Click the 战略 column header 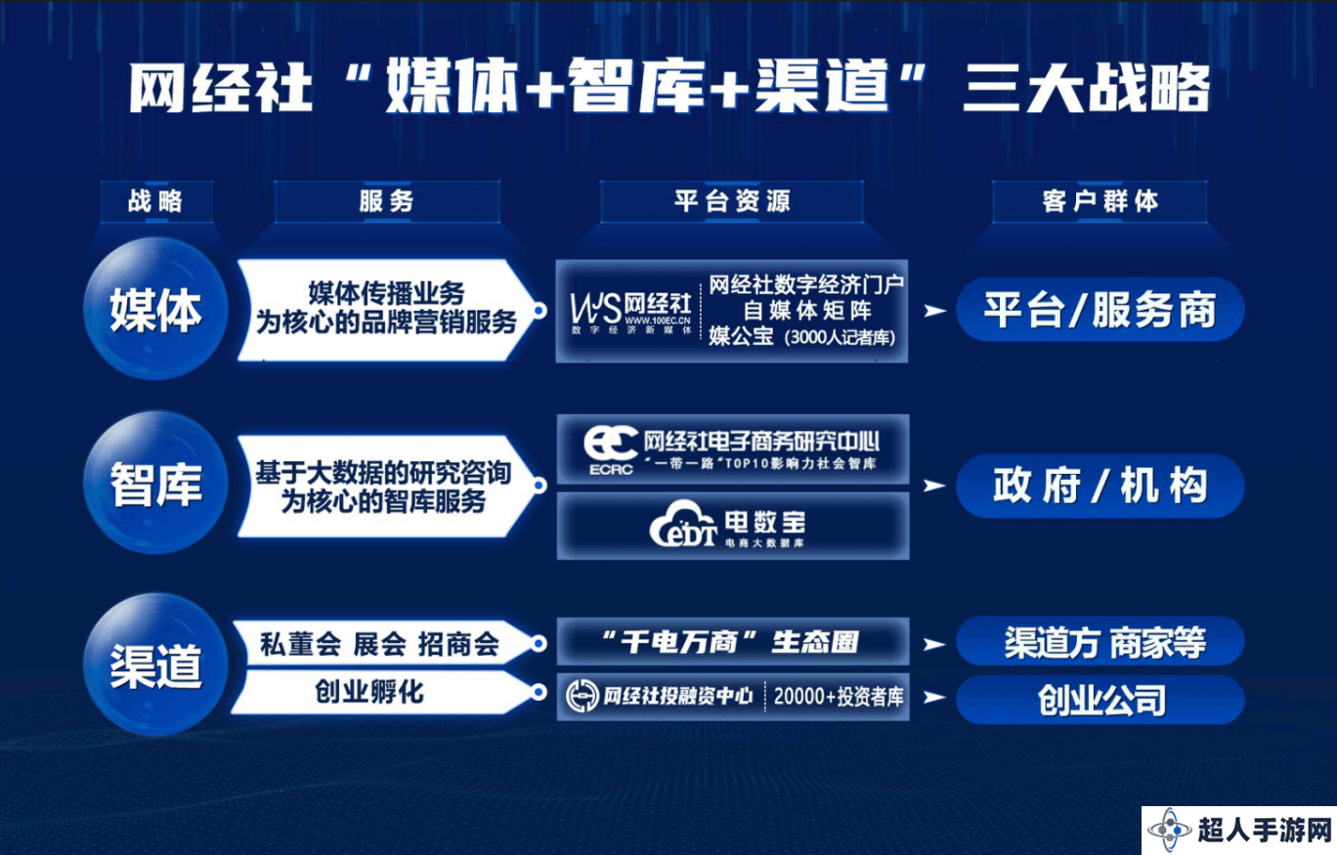click(x=156, y=201)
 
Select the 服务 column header click(x=386, y=201)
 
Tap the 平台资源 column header click(x=732, y=201)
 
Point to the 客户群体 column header click(x=1100, y=201)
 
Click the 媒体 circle click(x=155, y=309)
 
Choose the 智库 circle click(x=155, y=483)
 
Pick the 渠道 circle click(x=155, y=664)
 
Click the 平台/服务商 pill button click(x=1100, y=310)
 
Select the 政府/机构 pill click(x=1100, y=486)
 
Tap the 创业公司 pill click(x=1100, y=700)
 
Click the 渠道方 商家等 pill click(x=1100, y=642)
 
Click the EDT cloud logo click(x=683, y=525)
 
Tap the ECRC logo click(x=611, y=451)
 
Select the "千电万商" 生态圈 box click(x=732, y=641)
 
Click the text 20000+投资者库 click(x=839, y=697)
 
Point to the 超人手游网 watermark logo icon click(x=1170, y=830)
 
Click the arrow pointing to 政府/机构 click(x=934, y=487)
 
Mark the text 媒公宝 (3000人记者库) click(x=801, y=337)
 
